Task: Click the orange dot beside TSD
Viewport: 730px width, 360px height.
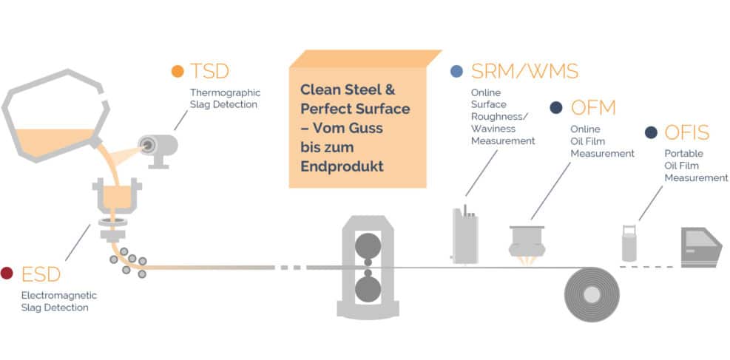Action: point(178,72)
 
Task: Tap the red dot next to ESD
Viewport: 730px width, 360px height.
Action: point(7,273)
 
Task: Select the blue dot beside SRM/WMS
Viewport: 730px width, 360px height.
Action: point(456,72)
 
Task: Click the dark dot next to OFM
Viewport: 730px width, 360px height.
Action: point(556,108)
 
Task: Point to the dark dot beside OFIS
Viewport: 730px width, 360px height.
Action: point(651,133)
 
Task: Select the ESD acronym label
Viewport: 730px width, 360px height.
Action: point(41,274)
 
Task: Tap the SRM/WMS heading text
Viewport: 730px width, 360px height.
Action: point(524,72)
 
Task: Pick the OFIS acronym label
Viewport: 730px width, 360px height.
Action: point(687,133)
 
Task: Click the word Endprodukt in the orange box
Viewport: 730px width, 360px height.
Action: point(342,166)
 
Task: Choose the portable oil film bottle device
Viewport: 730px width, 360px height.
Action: point(629,243)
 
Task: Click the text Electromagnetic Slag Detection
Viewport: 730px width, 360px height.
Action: point(59,301)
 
